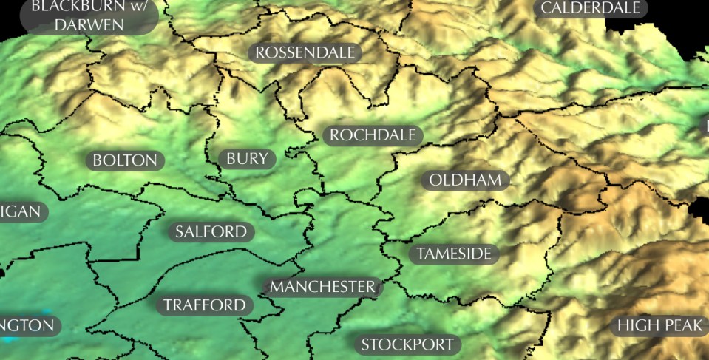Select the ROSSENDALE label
tap(305, 52)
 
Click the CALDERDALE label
tap(590, 8)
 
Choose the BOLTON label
tap(125, 160)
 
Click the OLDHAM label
tap(465, 180)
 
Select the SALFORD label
tap(211, 232)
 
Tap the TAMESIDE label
tap(454, 254)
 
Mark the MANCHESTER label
tap(322, 287)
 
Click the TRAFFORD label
tap(204, 305)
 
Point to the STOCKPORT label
tap(407, 344)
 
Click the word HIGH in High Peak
tap(635, 326)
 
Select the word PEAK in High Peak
tap(681, 326)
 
